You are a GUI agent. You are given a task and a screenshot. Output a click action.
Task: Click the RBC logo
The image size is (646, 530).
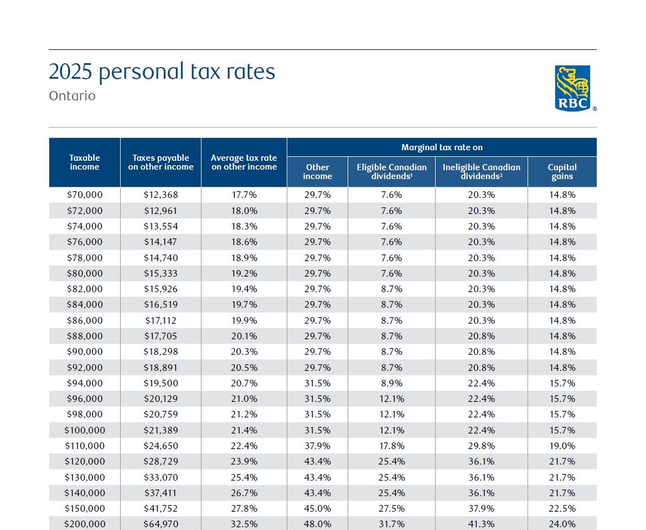click(573, 88)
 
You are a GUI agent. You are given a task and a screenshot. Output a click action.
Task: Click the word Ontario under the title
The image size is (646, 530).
click(72, 96)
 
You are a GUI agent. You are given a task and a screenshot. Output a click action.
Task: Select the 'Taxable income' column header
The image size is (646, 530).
click(85, 162)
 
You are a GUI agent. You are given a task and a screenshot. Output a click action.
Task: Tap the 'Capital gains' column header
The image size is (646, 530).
click(562, 171)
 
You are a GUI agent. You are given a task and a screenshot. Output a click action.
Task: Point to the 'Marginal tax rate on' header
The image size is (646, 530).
click(442, 147)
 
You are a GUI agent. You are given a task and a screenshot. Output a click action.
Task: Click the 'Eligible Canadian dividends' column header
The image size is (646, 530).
click(391, 171)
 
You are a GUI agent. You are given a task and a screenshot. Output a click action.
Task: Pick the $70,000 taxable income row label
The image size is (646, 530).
click(85, 195)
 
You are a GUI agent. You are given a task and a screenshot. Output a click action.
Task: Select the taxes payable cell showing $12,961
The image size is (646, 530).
click(161, 211)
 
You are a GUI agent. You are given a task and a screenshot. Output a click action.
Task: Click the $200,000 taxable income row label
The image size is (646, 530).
click(85, 524)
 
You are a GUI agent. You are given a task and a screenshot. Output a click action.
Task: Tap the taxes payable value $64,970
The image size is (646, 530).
click(161, 524)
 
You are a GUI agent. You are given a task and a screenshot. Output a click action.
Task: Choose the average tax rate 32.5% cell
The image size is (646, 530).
click(244, 524)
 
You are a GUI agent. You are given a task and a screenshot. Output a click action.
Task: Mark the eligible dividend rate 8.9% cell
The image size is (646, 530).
click(391, 383)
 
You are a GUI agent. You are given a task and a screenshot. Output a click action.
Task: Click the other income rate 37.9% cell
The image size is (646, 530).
click(318, 446)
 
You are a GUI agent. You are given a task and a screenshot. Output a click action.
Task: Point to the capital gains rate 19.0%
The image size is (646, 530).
click(562, 446)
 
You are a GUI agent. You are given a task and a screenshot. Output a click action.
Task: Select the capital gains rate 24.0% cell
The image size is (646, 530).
click(562, 524)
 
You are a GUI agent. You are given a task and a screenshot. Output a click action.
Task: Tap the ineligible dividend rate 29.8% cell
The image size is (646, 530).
click(482, 446)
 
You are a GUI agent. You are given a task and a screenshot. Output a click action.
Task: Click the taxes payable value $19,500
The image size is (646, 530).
click(161, 383)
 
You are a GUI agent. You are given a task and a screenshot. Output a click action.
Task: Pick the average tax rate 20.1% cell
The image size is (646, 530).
click(244, 336)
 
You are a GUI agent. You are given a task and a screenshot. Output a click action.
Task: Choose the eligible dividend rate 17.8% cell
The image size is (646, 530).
click(391, 446)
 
